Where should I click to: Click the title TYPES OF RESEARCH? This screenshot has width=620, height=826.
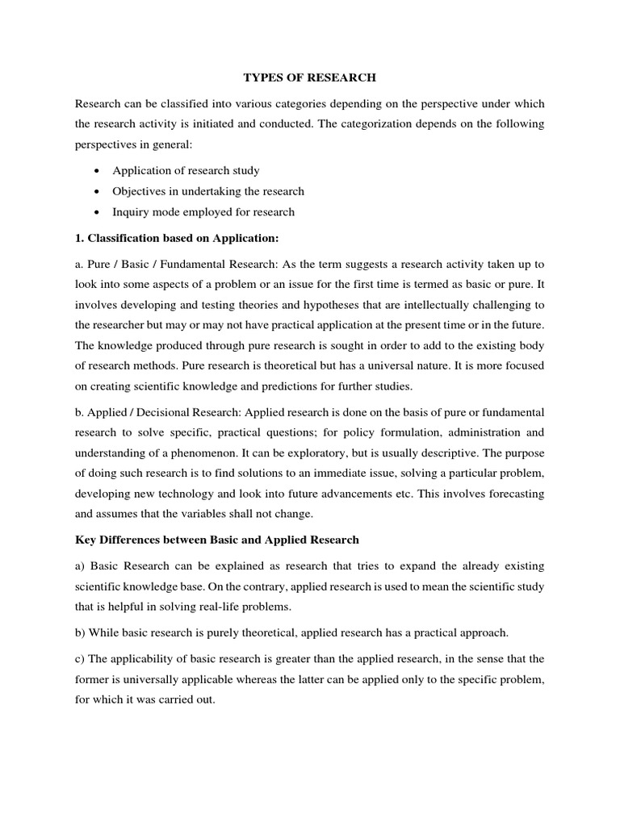point(309,78)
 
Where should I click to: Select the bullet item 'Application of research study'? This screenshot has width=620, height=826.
point(186,171)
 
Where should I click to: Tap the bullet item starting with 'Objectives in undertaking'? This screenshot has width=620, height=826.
point(208,191)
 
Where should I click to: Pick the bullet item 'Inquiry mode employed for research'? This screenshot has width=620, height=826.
point(203,212)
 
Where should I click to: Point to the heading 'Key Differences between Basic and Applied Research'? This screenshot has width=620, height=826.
point(217,539)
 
